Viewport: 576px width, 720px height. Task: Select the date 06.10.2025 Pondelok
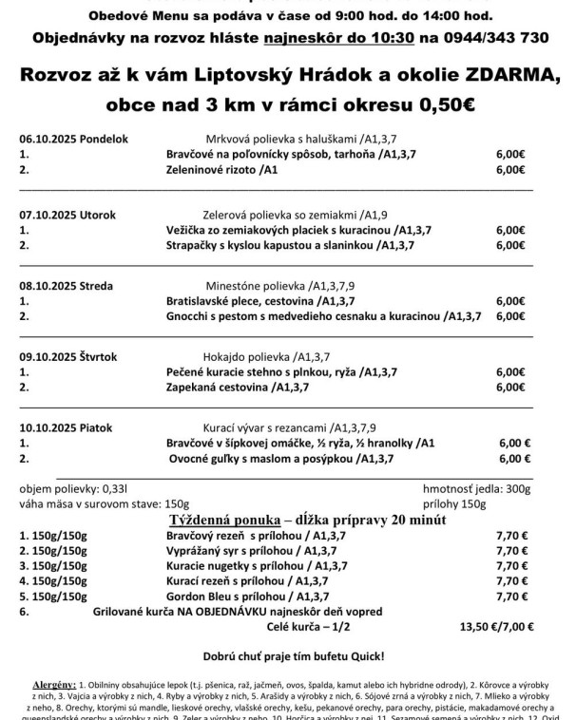[x=73, y=139]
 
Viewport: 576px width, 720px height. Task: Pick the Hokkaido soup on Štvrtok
[x=266, y=356]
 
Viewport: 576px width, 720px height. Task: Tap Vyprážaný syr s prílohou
[x=247, y=551]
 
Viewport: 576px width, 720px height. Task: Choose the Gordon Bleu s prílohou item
[x=245, y=596]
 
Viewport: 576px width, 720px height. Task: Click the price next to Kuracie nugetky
[x=510, y=566]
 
